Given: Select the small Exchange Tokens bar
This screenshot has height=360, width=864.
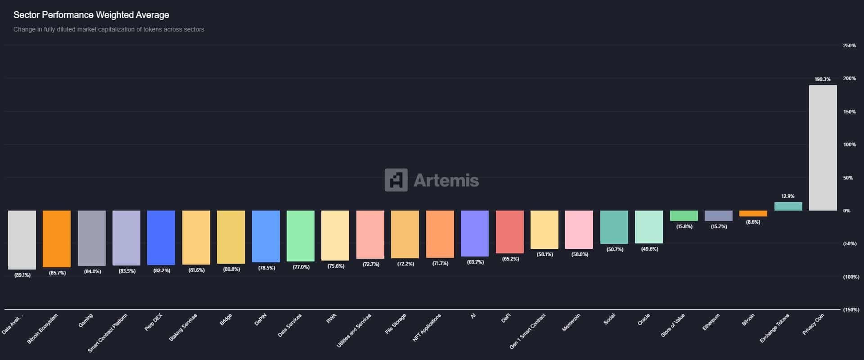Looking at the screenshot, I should point(788,206).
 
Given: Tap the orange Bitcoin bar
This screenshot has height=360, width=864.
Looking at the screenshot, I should point(753,213).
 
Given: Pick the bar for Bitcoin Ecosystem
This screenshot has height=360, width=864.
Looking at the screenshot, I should point(57,238).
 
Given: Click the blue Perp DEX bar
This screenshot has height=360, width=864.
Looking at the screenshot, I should point(161,238).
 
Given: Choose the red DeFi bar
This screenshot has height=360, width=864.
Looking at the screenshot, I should point(509,232).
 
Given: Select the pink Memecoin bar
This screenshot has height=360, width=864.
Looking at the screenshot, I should point(579,229).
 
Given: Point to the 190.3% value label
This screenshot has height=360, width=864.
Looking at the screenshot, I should point(822,79).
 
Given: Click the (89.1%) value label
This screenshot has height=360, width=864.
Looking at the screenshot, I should point(22,275).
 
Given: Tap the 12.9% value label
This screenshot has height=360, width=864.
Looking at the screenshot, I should point(787,196).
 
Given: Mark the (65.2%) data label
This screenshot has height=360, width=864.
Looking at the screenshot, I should point(510,259).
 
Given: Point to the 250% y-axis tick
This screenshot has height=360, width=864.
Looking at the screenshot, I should point(849,45).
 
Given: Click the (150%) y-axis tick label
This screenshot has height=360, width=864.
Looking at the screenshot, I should point(850,310).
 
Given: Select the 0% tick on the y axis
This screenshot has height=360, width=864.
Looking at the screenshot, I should point(846,211).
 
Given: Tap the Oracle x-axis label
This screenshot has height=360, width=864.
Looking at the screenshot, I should point(643,320).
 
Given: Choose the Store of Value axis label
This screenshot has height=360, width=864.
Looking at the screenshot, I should point(673,325).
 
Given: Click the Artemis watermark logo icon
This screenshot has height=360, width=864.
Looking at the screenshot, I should point(396,180).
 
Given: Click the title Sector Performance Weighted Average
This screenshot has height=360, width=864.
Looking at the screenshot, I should point(91,15).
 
